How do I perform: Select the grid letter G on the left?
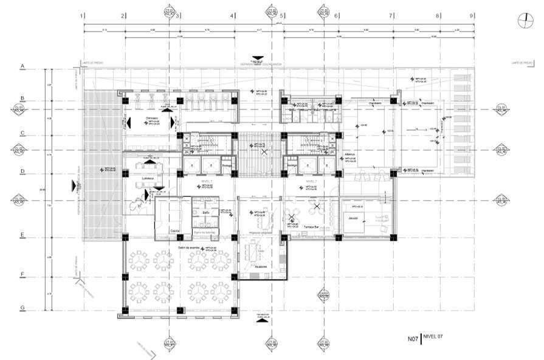click(22, 308)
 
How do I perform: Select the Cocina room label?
click(174, 231)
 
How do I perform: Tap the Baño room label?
click(206, 212)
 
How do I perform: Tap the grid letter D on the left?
click(22, 171)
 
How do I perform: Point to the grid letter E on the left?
click(22, 235)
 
